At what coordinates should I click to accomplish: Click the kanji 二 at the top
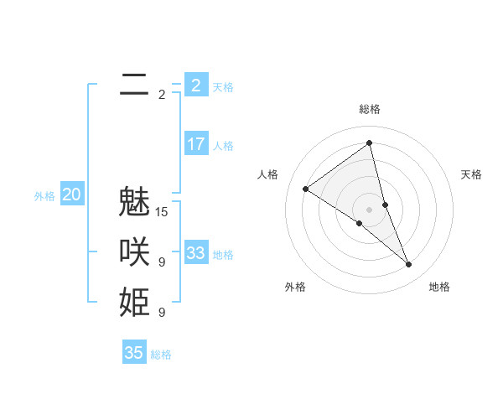point(134,84)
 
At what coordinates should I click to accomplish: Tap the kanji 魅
point(134,204)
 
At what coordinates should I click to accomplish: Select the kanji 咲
point(134,253)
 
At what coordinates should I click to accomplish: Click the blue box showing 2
point(195,85)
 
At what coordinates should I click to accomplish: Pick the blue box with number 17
point(195,144)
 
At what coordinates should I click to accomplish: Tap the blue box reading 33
point(195,253)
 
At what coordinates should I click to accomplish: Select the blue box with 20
point(72,195)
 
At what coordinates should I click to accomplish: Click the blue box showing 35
point(134,353)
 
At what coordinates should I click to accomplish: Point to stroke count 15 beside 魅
point(162,212)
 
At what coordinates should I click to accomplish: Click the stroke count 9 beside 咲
point(162,262)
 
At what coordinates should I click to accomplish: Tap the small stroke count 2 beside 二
point(162,95)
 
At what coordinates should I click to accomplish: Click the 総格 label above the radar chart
point(370,109)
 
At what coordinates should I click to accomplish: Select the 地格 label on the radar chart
point(439,287)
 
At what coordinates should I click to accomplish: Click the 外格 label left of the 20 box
point(44,196)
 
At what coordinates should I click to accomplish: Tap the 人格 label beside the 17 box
point(223,146)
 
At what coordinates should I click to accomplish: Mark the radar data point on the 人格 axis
point(305,189)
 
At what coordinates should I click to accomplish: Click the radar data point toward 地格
point(409,265)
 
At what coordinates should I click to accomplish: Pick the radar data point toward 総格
point(370,143)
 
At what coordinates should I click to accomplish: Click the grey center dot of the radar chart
point(369,209)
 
